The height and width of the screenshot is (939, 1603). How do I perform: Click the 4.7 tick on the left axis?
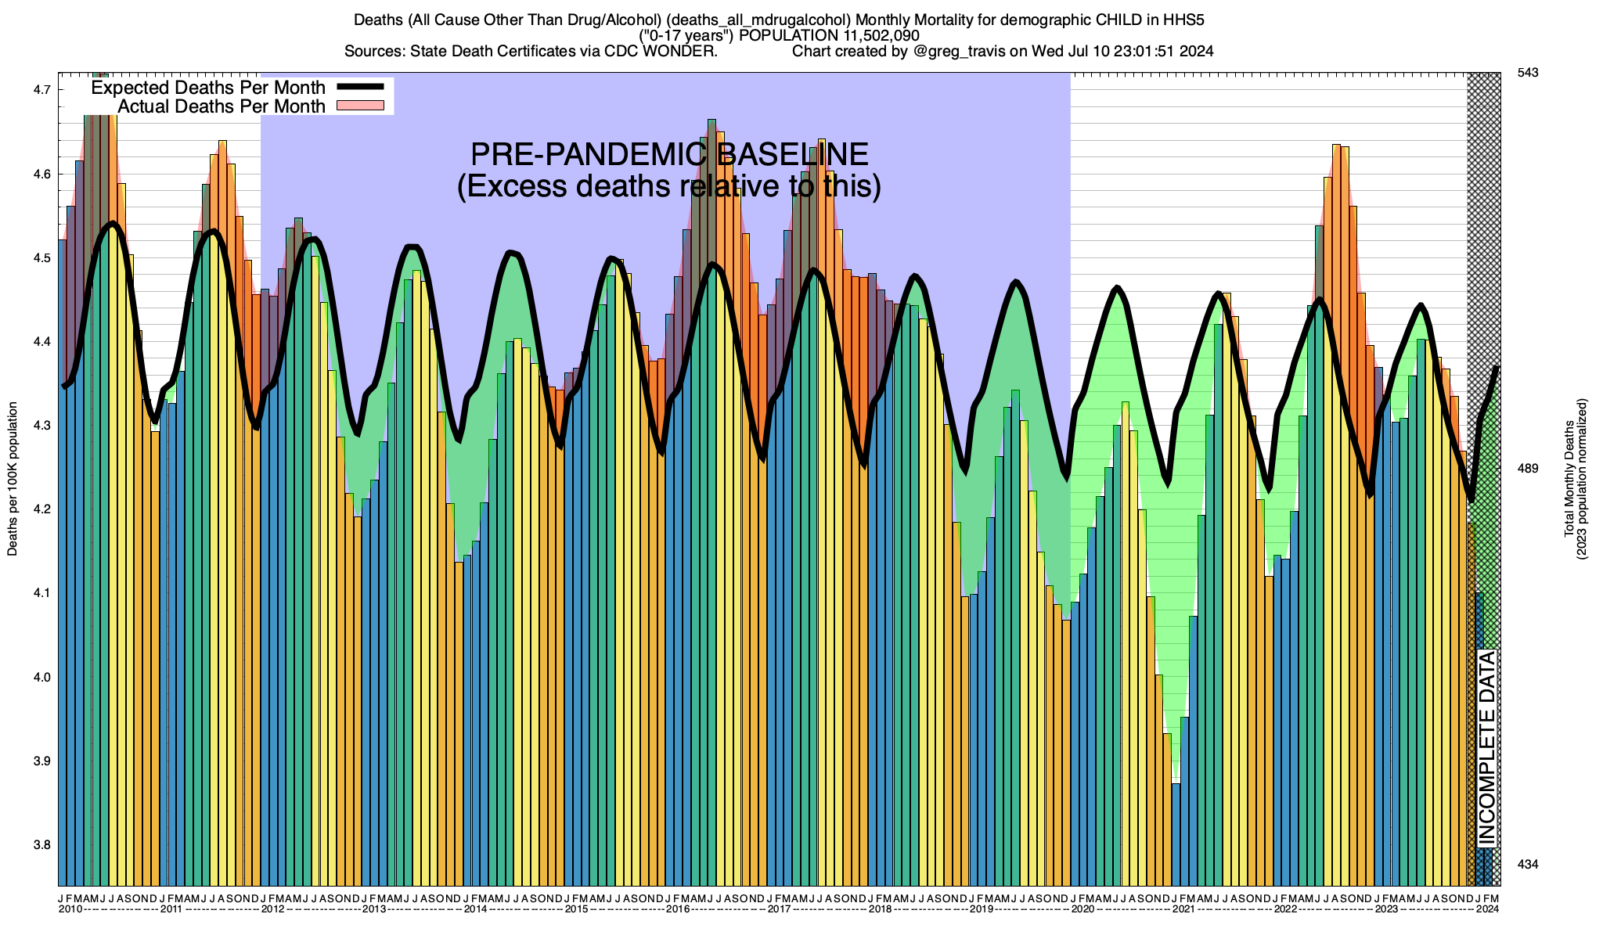(42, 90)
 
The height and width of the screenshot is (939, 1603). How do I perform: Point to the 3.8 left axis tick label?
(42, 845)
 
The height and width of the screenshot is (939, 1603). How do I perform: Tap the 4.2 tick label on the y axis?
(42, 509)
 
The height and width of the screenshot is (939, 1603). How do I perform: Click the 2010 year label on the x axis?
(70, 909)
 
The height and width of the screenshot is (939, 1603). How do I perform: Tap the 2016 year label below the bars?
(677, 909)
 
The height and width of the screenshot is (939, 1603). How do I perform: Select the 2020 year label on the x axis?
(1082, 909)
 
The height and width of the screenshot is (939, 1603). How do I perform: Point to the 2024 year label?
(1487, 909)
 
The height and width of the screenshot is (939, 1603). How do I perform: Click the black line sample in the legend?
(360, 87)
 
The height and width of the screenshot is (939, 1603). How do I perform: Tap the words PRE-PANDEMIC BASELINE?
(668, 154)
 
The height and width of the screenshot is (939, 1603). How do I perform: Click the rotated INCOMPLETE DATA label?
(1486, 748)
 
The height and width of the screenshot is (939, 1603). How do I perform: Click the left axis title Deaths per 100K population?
(13, 479)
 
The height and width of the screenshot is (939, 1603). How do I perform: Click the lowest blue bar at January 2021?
(1176, 833)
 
